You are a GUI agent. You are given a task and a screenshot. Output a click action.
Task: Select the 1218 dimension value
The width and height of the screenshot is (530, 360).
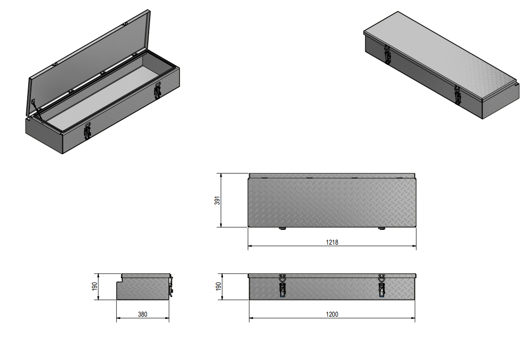click(332, 242)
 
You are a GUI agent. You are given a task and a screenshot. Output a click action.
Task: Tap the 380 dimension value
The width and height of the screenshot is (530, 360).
click(143, 315)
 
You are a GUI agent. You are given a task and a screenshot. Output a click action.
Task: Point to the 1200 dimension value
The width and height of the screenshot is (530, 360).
click(332, 315)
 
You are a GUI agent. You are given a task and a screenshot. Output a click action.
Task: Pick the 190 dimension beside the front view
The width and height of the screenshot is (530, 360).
click(218, 287)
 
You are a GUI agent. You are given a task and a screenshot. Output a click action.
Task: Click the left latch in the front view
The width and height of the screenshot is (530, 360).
click(283, 286)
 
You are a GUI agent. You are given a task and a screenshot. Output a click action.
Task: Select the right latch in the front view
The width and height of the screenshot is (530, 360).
click(382, 286)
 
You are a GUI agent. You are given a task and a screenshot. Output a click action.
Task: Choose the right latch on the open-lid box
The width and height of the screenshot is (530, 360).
click(157, 90)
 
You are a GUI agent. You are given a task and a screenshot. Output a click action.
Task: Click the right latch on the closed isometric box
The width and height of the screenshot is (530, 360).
click(458, 95)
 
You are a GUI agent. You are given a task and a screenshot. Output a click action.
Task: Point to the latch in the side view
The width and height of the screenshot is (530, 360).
click(171, 286)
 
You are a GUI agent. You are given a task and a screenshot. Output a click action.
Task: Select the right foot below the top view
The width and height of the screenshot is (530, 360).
click(382, 228)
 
